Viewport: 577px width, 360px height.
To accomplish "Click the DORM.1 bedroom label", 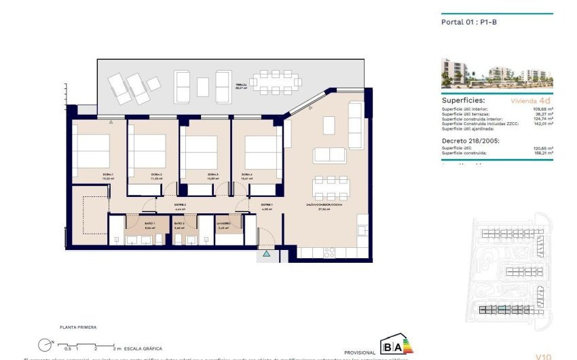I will [x=107, y=175].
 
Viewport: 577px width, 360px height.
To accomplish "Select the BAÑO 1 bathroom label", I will [x=150, y=223].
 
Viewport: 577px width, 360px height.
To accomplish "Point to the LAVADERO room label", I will [x=225, y=223].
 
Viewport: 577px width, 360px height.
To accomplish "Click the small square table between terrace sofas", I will [x=203, y=86].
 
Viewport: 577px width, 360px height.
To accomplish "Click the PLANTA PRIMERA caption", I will [x=78, y=327].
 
